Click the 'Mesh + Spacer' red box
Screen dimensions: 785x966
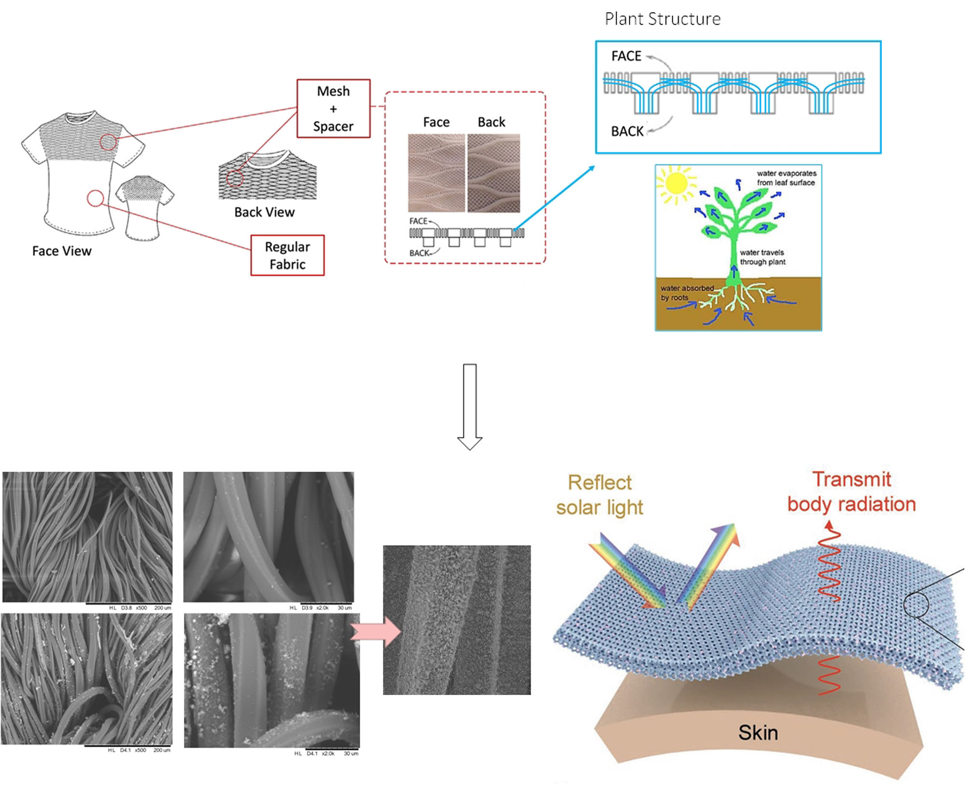tap(333, 109)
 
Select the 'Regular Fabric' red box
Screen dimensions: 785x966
tap(287, 255)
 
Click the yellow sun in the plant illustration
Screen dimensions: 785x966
tap(675, 184)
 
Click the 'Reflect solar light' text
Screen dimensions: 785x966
tap(599, 495)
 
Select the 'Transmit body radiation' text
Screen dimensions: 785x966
tap(852, 492)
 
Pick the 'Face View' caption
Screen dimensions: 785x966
tap(62, 251)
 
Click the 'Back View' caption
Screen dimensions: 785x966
tap(264, 212)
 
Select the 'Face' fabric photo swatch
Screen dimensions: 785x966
tap(436, 173)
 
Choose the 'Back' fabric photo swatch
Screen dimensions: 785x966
tap(494, 173)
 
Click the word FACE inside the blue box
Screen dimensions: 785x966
tap(626, 57)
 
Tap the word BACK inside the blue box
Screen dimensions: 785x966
tap(627, 131)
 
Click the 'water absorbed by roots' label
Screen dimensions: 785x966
tap(686, 293)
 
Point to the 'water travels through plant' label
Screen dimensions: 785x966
tap(762, 257)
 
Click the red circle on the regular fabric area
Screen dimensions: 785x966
tap(96, 198)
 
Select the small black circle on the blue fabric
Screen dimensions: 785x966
tap(916, 605)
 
